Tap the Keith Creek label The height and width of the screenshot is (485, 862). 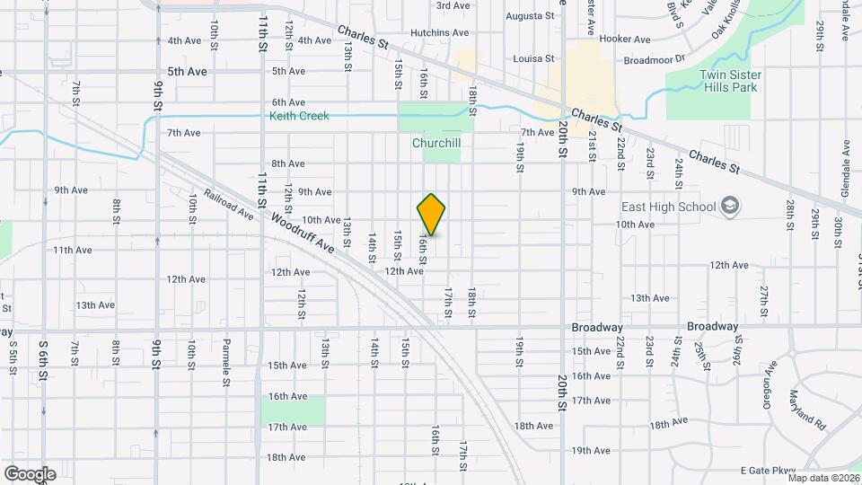click(x=299, y=116)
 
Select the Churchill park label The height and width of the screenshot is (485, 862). click(x=436, y=143)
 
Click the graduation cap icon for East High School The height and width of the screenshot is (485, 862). click(x=729, y=207)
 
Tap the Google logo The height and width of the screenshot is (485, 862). click(x=30, y=473)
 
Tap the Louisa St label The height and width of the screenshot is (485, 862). click(x=533, y=58)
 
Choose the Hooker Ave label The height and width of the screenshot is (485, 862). click(x=624, y=40)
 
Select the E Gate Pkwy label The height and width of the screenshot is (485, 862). click(x=769, y=471)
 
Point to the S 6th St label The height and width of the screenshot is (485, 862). click(x=42, y=357)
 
